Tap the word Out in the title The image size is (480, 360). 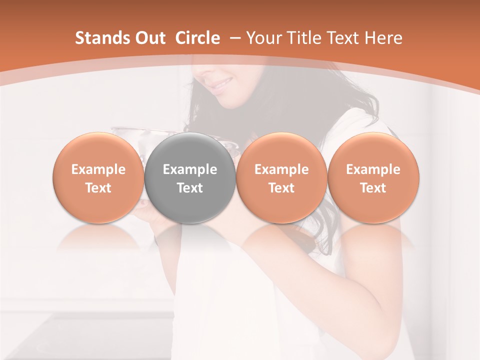[x=149, y=38]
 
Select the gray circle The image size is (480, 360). [x=190, y=177]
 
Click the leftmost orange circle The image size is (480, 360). [x=98, y=177]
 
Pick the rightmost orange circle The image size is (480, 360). [x=373, y=177]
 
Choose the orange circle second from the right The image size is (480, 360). [x=281, y=177]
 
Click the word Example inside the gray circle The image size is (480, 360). [x=190, y=169]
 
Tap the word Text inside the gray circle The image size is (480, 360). [x=190, y=188]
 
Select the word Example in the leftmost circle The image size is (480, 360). [x=98, y=169]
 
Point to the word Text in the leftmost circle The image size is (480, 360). [x=98, y=188]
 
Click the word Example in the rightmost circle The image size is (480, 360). [x=373, y=169]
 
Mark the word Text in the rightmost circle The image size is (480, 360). [x=373, y=188]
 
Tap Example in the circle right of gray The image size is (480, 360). [x=281, y=169]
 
